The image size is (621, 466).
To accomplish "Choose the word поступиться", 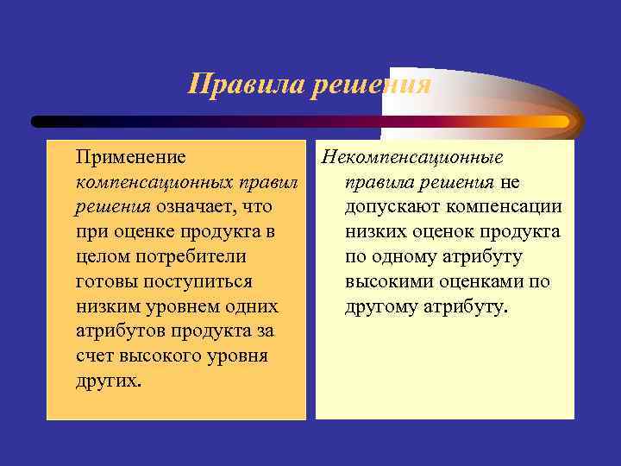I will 191,282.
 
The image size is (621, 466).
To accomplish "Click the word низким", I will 107,306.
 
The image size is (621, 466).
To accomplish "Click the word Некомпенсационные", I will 411,158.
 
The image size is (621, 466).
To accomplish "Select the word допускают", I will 389,207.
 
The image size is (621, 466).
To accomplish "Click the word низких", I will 376,232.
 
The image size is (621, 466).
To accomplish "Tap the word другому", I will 382,307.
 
